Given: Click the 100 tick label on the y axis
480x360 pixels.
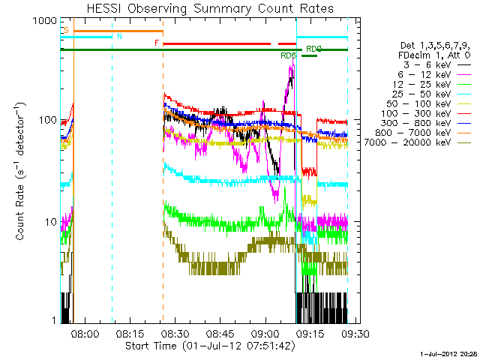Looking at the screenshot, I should [47, 121].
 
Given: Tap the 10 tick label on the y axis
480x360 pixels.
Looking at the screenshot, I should [49, 221].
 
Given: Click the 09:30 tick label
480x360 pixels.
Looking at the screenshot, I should [355, 333].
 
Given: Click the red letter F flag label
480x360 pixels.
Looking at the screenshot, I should [157, 43].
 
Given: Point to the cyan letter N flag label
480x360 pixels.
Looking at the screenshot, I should [118, 36].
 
